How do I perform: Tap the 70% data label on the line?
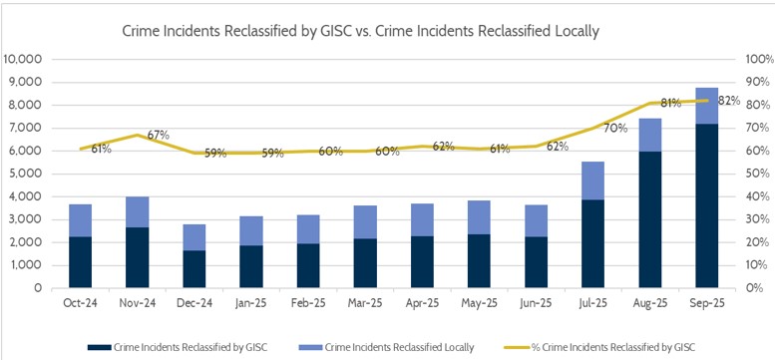[x=614, y=129]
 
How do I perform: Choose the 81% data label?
[x=670, y=103]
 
